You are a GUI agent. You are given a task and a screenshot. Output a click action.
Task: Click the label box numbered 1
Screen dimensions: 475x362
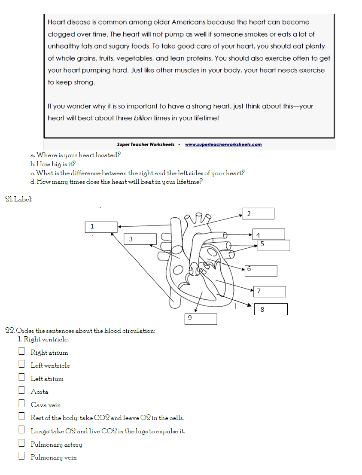tap(101, 227)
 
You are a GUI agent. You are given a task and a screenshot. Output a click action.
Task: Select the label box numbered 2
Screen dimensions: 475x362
tap(258, 213)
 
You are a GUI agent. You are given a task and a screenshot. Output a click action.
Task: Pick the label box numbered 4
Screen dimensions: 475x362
tap(268, 234)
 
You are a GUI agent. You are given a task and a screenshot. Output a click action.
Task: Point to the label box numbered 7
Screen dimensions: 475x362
tap(269, 291)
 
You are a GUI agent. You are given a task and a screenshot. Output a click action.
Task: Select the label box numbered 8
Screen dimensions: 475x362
tap(271, 309)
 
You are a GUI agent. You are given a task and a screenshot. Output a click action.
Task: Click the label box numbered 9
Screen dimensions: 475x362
tap(201, 319)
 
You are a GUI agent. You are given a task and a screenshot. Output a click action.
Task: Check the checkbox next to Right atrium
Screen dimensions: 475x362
tap(21, 351)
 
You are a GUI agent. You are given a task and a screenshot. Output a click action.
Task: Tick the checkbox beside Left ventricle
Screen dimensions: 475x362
tap(21, 364)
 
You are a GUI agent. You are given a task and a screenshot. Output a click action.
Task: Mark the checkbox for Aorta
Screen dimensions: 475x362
tap(21, 390)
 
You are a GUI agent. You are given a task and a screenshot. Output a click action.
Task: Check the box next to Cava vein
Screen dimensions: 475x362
tap(21, 404)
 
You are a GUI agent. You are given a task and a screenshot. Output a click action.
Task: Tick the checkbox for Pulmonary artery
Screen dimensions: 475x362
tap(21, 443)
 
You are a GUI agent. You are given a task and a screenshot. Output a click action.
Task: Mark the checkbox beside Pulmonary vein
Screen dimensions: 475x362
tap(21, 456)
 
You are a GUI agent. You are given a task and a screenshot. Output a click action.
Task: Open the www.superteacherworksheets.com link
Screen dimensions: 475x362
tap(223, 145)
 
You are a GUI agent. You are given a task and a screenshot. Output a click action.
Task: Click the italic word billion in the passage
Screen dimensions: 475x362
tap(143, 118)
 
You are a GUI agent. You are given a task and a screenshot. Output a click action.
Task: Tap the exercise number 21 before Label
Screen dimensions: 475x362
tap(9, 199)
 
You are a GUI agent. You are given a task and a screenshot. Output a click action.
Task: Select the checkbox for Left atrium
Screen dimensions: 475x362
tap(21, 378)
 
